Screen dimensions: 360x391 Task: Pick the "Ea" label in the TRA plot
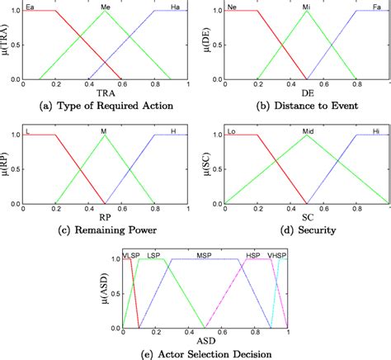pyautogui.click(x=31, y=7)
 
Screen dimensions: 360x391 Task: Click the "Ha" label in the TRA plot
pyautogui.click(x=174, y=7)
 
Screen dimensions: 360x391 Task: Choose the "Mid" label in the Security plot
pyautogui.click(x=307, y=130)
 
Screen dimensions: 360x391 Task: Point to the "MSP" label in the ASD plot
pyautogui.click(x=202, y=256)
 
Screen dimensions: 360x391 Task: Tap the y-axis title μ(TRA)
pyautogui.click(x=7, y=45)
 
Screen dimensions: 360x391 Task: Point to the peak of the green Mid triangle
pyautogui.click(x=307, y=135)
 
